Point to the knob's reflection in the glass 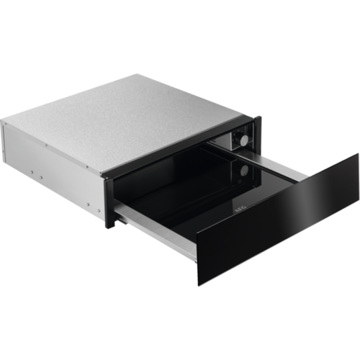[245, 171]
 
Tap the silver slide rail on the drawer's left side [155, 228]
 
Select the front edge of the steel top [180, 144]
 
